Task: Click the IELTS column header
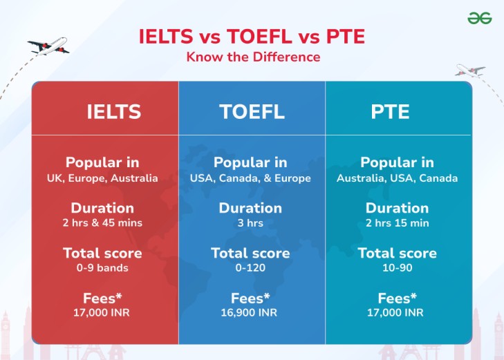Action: tap(113, 111)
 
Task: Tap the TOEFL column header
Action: tap(252, 111)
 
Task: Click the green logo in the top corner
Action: tap(479, 18)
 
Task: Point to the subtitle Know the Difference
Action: tap(252, 57)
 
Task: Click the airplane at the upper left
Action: tap(48, 46)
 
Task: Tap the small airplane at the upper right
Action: tap(470, 70)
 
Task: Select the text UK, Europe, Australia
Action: tap(102, 178)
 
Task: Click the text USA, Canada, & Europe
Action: tap(250, 178)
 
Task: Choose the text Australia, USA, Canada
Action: tap(397, 178)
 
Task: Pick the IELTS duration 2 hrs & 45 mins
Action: tap(102, 222)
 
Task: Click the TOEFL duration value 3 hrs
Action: tap(250, 222)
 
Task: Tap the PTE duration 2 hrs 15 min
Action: tap(397, 222)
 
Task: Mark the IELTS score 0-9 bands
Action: tap(102, 267)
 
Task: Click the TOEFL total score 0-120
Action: tap(250, 267)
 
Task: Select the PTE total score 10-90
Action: tap(397, 267)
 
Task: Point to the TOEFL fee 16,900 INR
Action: tap(250, 312)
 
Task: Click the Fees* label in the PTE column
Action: tap(397, 299)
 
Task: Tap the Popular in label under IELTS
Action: tap(102, 163)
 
